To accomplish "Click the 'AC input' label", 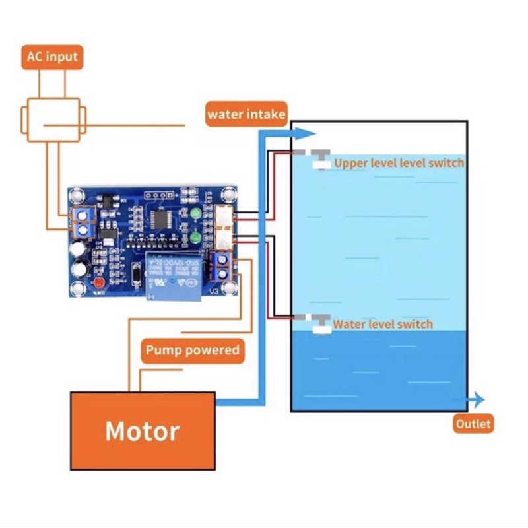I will click(52, 57).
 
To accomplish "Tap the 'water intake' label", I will click(246, 114).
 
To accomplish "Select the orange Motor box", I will click(143, 430).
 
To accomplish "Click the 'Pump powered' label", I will click(192, 350).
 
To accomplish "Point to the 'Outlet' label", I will click(473, 424).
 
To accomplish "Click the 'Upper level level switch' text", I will click(399, 163).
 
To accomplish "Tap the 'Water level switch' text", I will click(383, 324).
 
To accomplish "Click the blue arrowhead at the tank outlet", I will click(477, 399).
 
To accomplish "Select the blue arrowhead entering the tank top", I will click(306, 133).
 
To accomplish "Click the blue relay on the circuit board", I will click(174, 273).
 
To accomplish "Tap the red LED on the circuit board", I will click(100, 284).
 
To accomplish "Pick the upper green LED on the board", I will click(196, 214).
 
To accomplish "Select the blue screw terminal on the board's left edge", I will click(82, 221).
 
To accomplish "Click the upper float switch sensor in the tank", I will click(320, 158).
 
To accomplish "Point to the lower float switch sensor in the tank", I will click(320, 323).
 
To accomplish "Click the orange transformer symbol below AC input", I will click(53, 120).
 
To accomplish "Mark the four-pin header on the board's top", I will click(155, 195).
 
